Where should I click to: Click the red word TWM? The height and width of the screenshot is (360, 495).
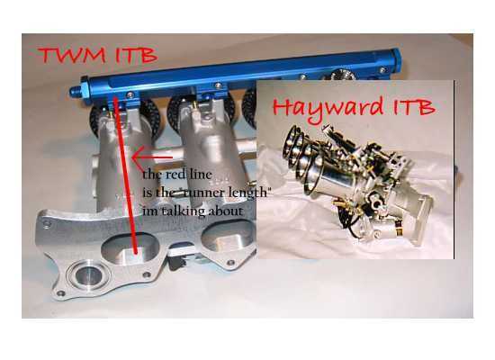(x=72, y=55)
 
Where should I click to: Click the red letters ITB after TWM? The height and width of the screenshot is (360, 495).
(x=137, y=55)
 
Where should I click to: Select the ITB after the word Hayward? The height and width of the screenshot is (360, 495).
(x=414, y=107)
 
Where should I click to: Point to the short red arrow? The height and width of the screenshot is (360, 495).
(x=152, y=157)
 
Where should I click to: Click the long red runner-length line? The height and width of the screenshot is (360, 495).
(x=126, y=175)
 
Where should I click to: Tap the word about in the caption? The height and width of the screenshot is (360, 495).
(x=226, y=211)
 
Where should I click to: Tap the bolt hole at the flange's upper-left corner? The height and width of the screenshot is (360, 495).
(x=48, y=224)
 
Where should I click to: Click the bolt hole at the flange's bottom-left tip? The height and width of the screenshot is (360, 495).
(x=60, y=293)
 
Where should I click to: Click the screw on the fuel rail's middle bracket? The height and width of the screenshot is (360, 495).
(x=218, y=85)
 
